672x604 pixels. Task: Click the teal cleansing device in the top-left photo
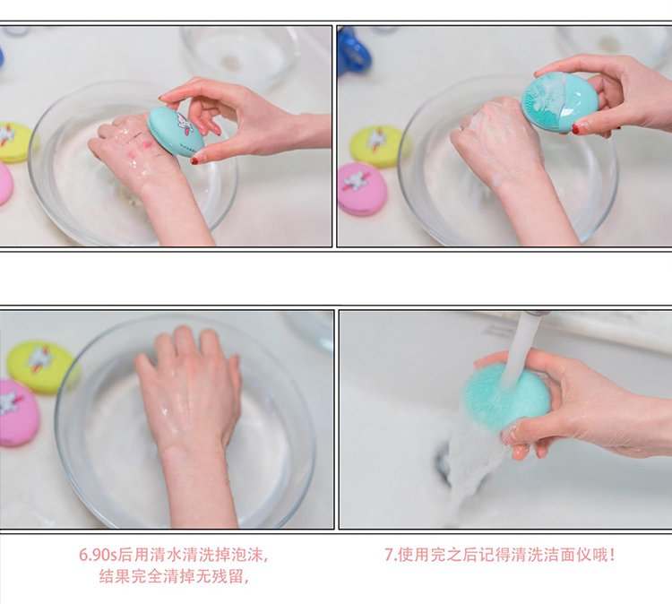(x=176, y=132)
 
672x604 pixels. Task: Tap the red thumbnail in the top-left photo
(x=194, y=160)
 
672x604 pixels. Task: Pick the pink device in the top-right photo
(x=362, y=189)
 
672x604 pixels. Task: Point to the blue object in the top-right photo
(x=353, y=50)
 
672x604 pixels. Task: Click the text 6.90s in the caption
(x=98, y=555)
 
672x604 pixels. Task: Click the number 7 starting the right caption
(x=389, y=555)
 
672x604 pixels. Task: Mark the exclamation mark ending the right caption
(x=613, y=555)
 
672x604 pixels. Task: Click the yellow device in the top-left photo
(x=13, y=142)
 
